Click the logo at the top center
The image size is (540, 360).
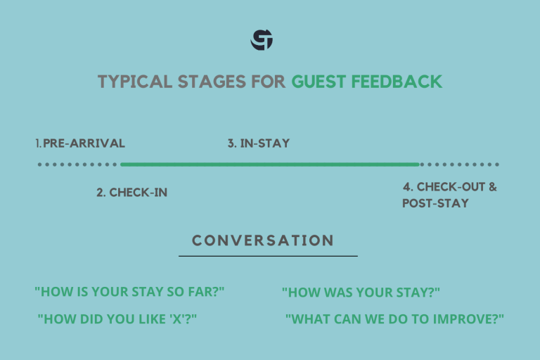click(x=262, y=40)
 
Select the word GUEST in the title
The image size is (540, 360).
click(x=319, y=82)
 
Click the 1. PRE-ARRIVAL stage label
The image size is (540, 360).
click(x=80, y=143)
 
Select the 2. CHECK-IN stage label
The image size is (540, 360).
click(x=131, y=192)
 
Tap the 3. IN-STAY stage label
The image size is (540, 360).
click(x=258, y=143)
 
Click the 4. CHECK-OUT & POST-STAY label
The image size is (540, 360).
click(x=449, y=195)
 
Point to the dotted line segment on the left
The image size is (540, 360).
click(x=77, y=165)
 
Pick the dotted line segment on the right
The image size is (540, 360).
click(x=459, y=165)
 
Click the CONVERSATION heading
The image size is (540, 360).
click(x=263, y=240)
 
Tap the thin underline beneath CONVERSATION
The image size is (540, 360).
click(x=268, y=256)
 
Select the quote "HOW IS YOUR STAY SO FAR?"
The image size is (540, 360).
click(x=129, y=292)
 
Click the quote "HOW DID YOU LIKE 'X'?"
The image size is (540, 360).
click(x=117, y=319)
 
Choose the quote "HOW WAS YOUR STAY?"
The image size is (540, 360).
click(x=361, y=292)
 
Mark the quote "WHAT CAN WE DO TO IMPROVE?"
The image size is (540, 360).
click(x=394, y=319)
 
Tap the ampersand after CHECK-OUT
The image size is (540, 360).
click(x=492, y=187)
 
